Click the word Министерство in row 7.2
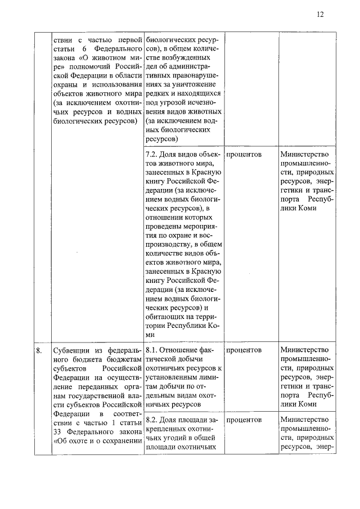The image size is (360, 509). (x=307, y=154)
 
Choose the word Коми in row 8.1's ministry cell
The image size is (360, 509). (x=307, y=403)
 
